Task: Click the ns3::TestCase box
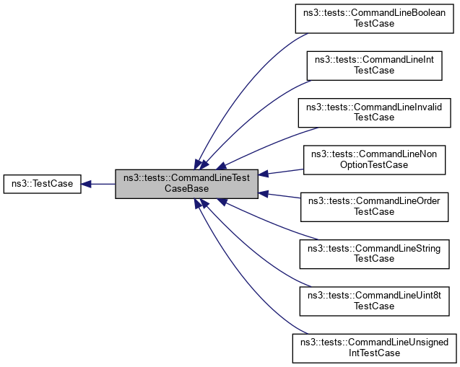point(42,184)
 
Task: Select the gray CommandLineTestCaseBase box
point(186,184)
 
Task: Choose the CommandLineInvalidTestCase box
point(373,112)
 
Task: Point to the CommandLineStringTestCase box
point(373,253)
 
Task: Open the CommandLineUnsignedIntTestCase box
point(373,348)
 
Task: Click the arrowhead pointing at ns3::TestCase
point(86,184)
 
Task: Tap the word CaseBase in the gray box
point(186,189)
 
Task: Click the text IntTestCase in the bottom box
point(373,353)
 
